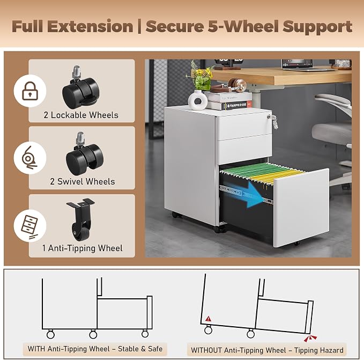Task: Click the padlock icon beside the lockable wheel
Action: click(30, 91)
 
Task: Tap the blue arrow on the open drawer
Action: click(250, 194)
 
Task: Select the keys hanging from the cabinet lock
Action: click(273, 121)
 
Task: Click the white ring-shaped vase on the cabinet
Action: click(198, 100)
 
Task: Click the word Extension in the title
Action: click(90, 26)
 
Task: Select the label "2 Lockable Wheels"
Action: click(81, 115)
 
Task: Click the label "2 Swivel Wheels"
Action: click(83, 181)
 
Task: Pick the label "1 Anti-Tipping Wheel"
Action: click(82, 248)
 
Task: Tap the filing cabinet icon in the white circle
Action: click(29, 226)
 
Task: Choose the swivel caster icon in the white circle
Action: click(29, 158)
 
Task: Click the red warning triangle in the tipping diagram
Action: click(209, 319)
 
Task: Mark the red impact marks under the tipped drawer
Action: click(310, 339)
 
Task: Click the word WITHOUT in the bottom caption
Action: click(206, 350)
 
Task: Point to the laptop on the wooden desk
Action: click(298, 64)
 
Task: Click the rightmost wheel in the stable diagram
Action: click(145, 334)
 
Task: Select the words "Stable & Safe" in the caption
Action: click(140, 349)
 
